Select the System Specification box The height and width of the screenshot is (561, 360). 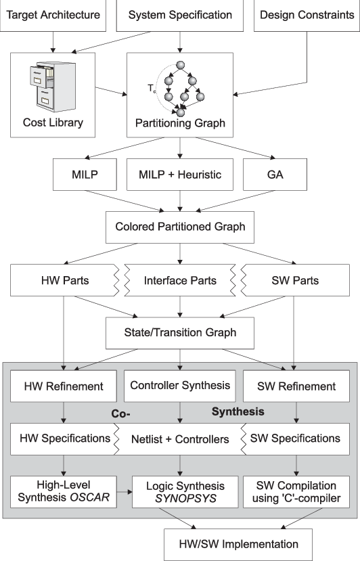(x=179, y=15)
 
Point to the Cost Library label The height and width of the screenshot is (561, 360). (x=53, y=122)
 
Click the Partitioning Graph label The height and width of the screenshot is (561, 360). (x=180, y=124)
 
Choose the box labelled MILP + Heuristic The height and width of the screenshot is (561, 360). (x=179, y=175)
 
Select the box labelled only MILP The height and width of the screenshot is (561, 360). (x=85, y=175)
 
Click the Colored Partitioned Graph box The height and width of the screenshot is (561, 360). (x=179, y=227)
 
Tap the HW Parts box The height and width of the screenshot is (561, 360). (x=64, y=280)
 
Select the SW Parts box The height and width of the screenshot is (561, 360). (x=295, y=280)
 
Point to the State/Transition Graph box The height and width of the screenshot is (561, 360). (x=179, y=332)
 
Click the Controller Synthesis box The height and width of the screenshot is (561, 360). (x=179, y=386)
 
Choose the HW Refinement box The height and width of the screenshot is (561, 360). (x=64, y=386)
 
